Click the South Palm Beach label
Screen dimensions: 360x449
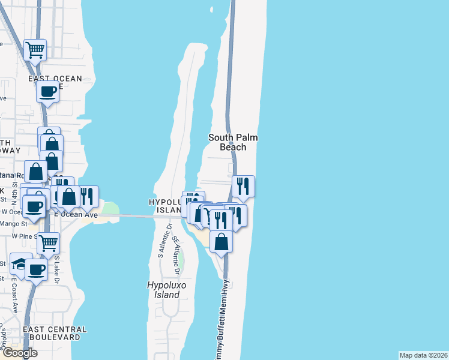click(x=233, y=142)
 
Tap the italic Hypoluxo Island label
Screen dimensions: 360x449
click(x=164, y=290)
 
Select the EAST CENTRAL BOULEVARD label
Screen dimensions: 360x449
click(x=55, y=333)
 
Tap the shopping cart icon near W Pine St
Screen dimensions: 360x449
click(x=48, y=243)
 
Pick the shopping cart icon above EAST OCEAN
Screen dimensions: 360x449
click(x=35, y=50)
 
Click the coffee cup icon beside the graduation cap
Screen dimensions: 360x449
click(x=36, y=269)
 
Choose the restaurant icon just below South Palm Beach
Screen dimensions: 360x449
click(x=243, y=185)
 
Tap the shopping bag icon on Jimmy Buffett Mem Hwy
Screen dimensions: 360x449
click(x=221, y=242)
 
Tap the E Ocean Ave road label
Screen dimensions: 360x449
click(x=76, y=214)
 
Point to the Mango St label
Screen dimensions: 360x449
click(x=16, y=224)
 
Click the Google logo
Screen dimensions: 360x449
click(x=19, y=352)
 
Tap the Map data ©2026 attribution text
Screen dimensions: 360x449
click(x=423, y=355)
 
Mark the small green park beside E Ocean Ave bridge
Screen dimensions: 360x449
click(x=110, y=209)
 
